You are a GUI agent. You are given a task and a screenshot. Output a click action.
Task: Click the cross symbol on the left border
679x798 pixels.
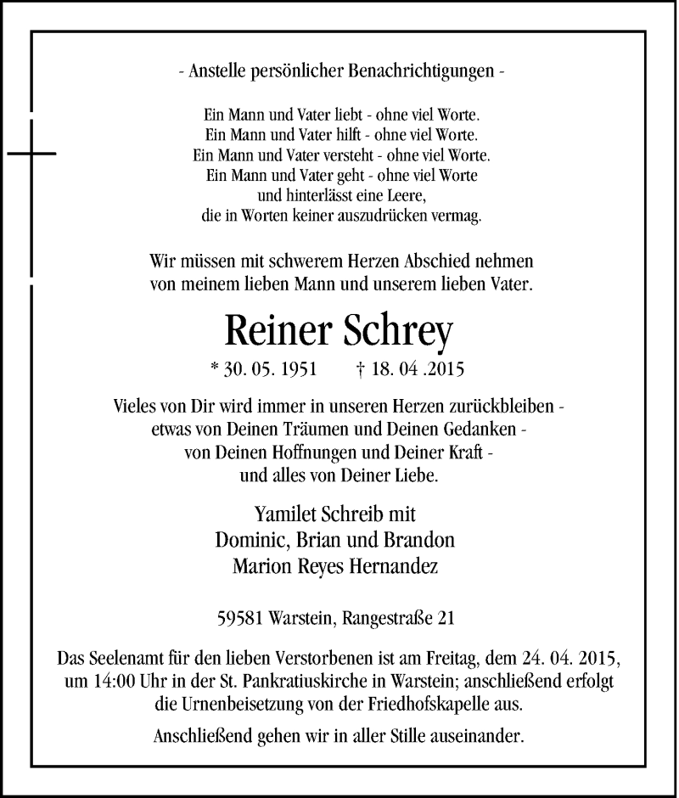31,154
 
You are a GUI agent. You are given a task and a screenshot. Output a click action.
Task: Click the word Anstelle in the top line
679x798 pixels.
215,72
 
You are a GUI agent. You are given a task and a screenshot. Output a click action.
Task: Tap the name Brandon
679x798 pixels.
424,540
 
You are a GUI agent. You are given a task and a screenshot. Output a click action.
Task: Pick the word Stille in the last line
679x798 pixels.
424,735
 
